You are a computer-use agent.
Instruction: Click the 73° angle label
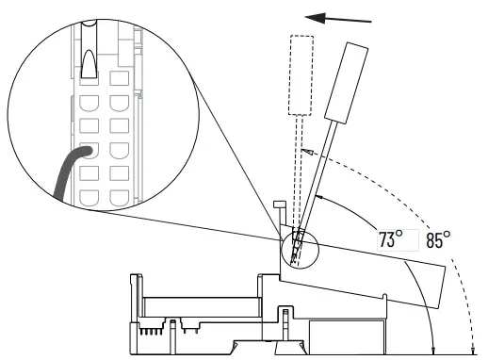pyautogui.click(x=391, y=239)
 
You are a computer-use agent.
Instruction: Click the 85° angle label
pyautogui.click(x=437, y=239)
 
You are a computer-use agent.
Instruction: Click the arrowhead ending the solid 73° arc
pyautogui.click(x=321, y=196)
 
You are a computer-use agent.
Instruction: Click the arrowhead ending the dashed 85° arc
pyautogui.click(x=302, y=151)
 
